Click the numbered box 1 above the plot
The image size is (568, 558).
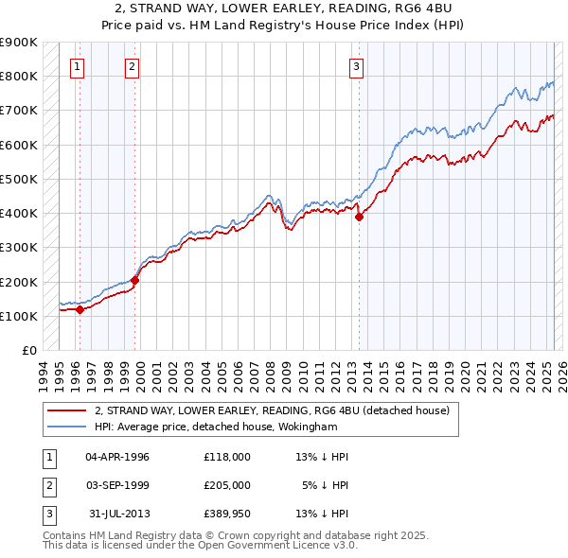click(76, 66)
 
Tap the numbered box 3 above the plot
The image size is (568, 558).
click(356, 66)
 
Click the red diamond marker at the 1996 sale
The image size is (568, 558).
click(80, 308)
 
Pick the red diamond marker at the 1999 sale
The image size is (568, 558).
click(135, 280)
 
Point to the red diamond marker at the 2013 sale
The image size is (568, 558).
click(360, 217)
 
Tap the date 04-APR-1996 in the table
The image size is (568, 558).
click(117, 457)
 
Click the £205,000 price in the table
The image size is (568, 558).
click(227, 485)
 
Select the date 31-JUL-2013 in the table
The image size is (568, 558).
click(118, 514)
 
